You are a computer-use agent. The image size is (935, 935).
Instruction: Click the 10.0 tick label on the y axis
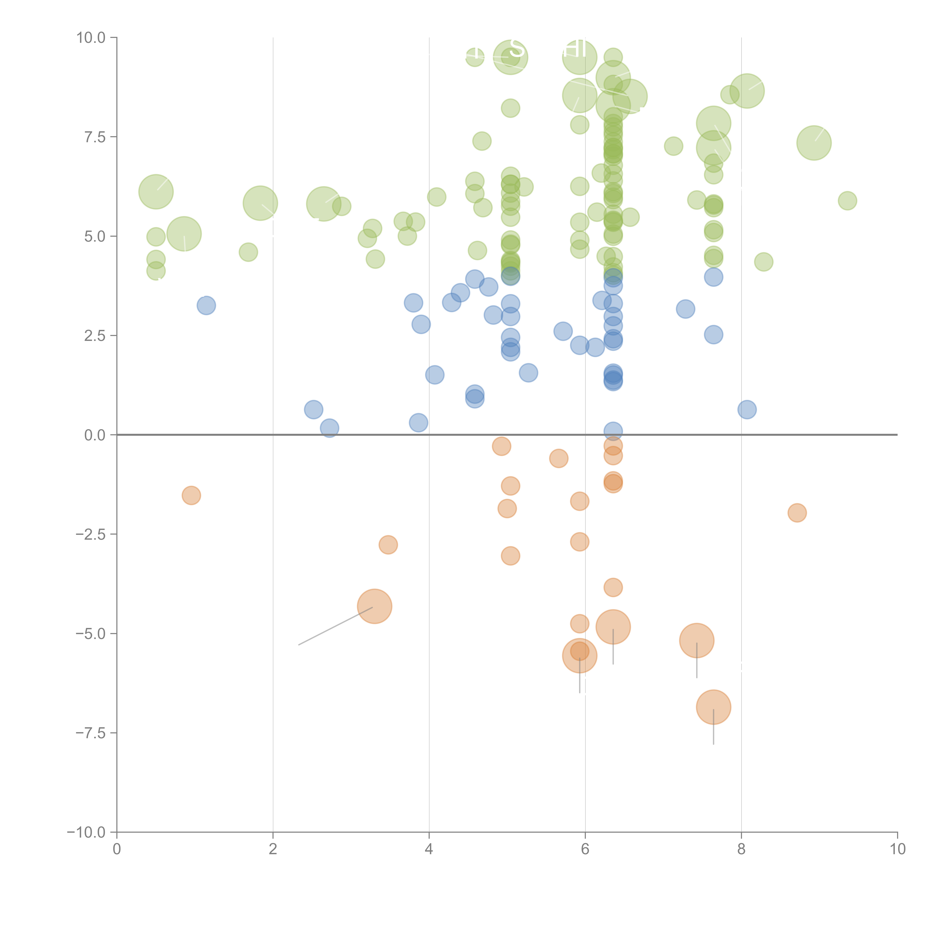click(x=91, y=38)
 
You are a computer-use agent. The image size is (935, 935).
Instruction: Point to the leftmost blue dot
click(x=206, y=305)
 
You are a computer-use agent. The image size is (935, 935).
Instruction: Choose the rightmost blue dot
click(x=747, y=409)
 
